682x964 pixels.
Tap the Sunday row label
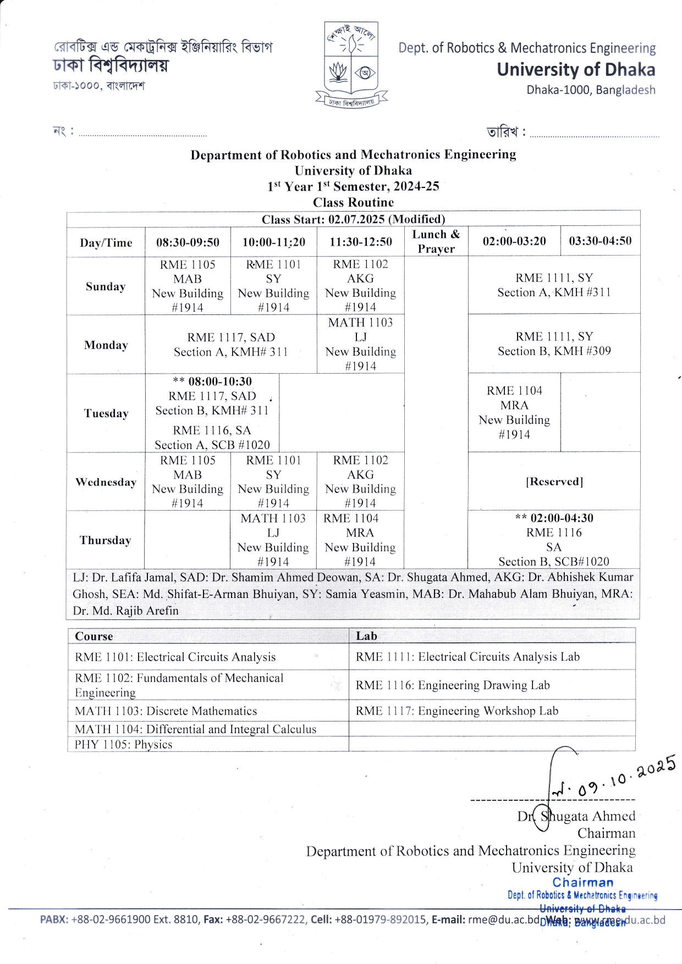tap(106, 286)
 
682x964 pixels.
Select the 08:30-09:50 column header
tap(188, 242)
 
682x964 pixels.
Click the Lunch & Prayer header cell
tap(436, 241)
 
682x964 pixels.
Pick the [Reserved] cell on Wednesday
tap(554, 481)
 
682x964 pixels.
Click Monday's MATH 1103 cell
tap(361, 344)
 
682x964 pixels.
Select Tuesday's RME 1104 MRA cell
tap(514, 412)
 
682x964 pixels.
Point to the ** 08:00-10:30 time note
tap(212, 381)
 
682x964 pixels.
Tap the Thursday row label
tap(105, 540)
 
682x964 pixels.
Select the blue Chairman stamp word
tap(583, 883)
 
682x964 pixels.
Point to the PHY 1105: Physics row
tap(124, 745)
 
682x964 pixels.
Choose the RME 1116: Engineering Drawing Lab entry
tap(453, 685)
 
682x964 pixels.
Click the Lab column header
tap(366, 636)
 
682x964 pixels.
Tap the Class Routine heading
tap(353, 202)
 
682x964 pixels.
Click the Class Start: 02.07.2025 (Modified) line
tap(353, 219)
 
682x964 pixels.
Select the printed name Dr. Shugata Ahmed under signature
tap(576, 816)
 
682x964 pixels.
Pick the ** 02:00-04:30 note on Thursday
tap(554, 518)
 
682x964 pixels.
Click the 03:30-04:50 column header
tap(600, 241)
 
